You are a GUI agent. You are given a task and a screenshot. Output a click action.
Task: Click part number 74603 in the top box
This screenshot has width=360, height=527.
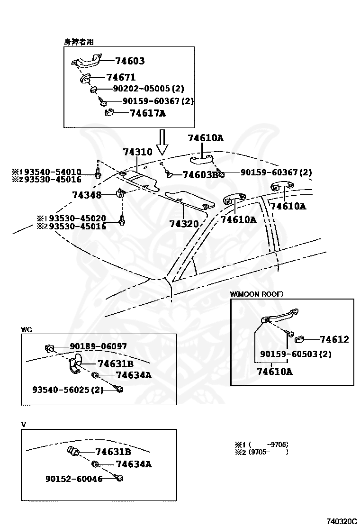pos(130,61)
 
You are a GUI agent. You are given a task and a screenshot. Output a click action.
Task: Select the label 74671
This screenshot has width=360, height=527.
pos(121,77)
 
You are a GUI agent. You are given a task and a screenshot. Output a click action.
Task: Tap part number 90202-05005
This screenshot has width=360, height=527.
pos(141,89)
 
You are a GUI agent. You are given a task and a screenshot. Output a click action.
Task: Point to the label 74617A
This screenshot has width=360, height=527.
pos(148,113)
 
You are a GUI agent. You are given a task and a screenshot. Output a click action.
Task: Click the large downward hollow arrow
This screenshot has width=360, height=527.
pos(162,142)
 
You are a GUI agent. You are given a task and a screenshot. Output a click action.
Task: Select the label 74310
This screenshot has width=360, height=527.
pos(138,152)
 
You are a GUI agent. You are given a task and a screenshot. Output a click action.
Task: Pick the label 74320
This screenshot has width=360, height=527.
pos(184,224)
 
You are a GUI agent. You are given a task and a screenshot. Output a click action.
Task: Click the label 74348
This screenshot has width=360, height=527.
pos(87,195)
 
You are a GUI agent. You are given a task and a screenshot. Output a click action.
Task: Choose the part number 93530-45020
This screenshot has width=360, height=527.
pos(78,218)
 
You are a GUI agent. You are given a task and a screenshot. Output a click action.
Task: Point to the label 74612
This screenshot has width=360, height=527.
pos(334,339)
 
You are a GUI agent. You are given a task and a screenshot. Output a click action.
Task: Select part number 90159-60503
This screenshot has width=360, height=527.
pos(289,354)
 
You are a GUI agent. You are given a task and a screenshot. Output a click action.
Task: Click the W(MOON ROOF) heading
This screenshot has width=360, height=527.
pos(257,294)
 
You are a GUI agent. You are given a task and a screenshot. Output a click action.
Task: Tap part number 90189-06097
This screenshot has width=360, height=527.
pos(99,346)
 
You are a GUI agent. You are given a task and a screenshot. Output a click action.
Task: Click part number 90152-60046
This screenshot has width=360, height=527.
pos(74,479)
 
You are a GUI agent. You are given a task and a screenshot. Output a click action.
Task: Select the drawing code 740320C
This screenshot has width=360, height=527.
pos(342,521)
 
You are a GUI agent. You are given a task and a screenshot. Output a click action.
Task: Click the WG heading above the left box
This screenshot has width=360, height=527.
pos(27,330)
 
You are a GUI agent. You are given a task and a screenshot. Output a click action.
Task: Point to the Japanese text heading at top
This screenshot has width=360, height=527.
pos(79,42)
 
